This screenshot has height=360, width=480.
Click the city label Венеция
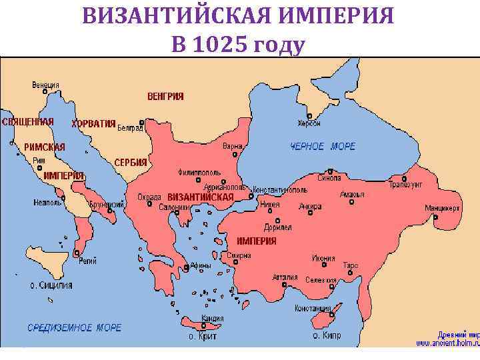coord(46,85)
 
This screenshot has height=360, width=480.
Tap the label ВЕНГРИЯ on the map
coord(165,96)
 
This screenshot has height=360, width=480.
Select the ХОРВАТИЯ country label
coord(93,123)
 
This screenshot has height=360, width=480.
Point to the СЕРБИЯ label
coord(131,163)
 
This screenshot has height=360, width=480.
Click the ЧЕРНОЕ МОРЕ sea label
coord(323,147)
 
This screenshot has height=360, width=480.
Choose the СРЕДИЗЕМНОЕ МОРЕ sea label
coord(74,328)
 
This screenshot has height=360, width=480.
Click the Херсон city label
coord(309,123)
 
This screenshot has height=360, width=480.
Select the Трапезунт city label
coord(407,185)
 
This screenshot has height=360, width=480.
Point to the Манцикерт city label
coord(443,207)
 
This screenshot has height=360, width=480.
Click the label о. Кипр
coord(327,336)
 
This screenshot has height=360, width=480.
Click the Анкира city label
coord(310,205)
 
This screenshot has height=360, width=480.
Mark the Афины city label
coord(201,265)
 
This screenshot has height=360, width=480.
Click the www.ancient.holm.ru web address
coord(447,343)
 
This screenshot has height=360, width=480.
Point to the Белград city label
coord(130,128)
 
